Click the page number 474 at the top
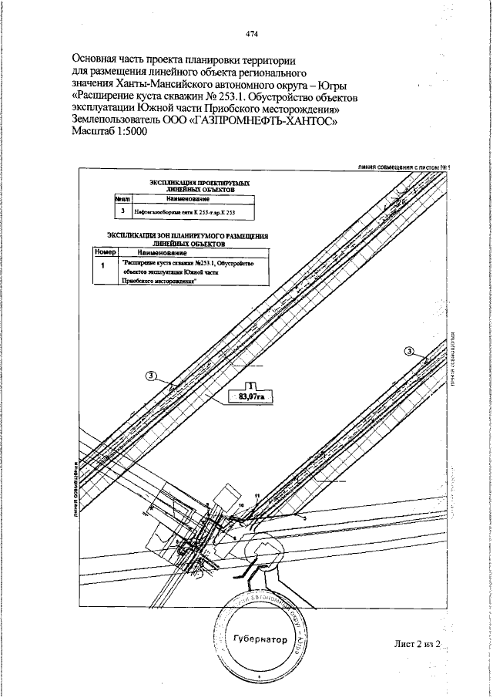click(x=251, y=33)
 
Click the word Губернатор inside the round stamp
click(x=259, y=639)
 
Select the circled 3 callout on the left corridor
click(x=151, y=376)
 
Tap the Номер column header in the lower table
click(x=104, y=252)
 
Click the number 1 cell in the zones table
click(x=103, y=265)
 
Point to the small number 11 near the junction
click(x=257, y=494)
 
